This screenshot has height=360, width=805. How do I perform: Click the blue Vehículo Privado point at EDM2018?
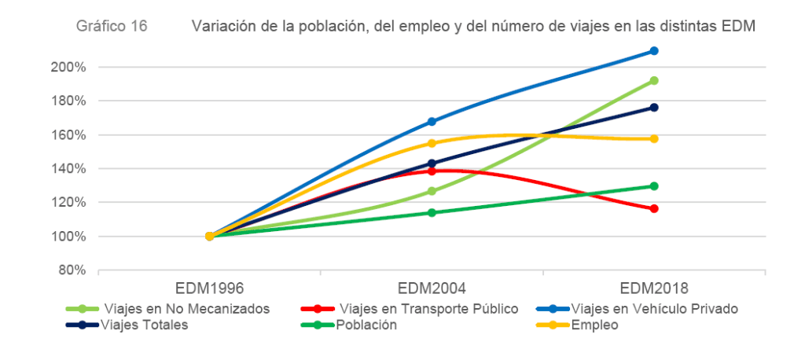(654, 51)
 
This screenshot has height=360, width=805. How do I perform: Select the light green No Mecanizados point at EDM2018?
(654, 80)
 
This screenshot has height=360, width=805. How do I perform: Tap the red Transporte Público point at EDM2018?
(654, 208)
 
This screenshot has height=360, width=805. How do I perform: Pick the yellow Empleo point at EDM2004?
(432, 143)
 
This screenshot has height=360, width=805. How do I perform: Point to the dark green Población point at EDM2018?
(654, 186)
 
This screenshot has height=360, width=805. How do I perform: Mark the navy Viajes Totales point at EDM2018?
(654, 108)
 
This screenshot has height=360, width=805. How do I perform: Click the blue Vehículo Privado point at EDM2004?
(432, 122)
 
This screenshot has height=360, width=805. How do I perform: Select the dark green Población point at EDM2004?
(432, 212)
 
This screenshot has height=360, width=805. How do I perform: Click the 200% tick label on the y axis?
(68, 68)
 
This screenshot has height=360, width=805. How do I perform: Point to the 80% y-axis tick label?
(71, 270)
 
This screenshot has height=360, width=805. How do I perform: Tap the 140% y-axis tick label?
(68, 169)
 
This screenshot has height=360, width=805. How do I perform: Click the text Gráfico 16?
(112, 26)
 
